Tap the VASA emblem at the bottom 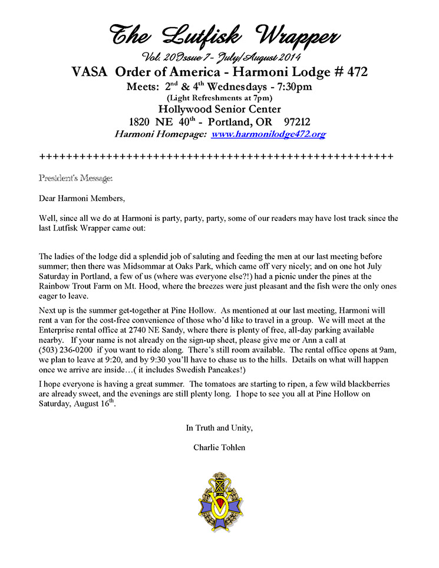(219, 500)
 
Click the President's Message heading (75, 177)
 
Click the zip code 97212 (291, 122)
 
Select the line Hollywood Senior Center (219, 109)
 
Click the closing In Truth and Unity (219, 427)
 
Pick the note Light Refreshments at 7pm (219, 98)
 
